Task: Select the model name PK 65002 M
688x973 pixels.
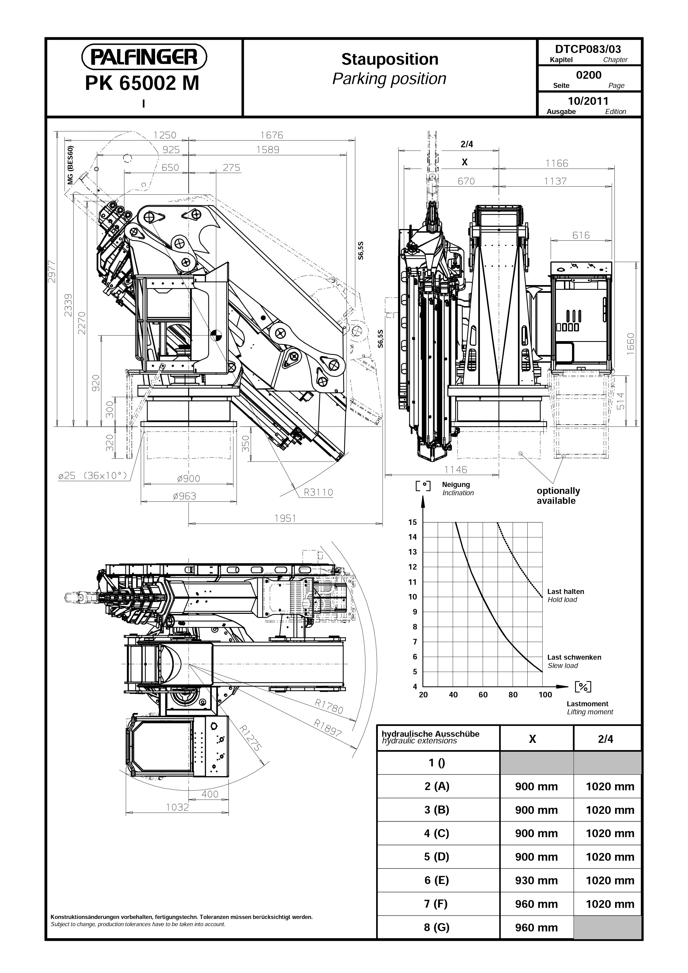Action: [x=142, y=83]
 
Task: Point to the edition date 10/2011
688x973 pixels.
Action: [x=588, y=101]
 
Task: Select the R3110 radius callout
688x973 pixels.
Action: [x=318, y=492]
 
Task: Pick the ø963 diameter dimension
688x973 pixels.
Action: [x=184, y=496]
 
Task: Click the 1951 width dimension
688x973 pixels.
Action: [x=285, y=518]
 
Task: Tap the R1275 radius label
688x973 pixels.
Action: [x=249, y=738]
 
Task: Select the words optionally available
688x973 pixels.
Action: [x=558, y=496]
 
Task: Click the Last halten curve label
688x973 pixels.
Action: [x=565, y=591]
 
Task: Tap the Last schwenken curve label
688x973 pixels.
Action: [x=574, y=657]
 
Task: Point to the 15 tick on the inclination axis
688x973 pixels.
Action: [x=413, y=522]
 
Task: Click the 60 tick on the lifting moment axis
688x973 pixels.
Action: [x=483, y=695]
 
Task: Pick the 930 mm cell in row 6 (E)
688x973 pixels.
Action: [x=536, y=880]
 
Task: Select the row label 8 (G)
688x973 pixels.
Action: [x=437, y=927]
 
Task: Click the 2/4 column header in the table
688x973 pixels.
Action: [x=605, y=739]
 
